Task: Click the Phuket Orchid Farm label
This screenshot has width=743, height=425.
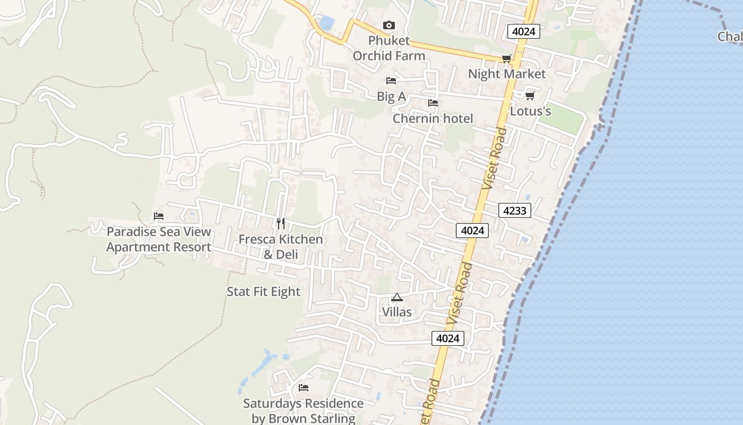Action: coord(389,48)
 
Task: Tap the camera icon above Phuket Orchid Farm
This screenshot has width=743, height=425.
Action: coord(389,25)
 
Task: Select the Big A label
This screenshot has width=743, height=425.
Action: coord(391,97)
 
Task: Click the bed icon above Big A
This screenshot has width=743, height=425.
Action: coord(391,81)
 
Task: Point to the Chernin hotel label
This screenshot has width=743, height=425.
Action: coord(433,118)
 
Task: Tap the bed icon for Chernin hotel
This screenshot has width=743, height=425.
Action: coord(433,103)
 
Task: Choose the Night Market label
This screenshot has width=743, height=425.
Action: coord(507,74)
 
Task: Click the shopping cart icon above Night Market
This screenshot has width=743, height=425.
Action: coord(507,58)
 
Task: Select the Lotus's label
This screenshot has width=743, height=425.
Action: coord(530,112)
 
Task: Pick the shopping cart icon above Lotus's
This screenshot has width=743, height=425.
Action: coord(530,96)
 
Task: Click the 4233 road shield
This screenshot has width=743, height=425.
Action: coord(515,211)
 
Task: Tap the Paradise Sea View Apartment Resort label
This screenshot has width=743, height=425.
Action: coord(159,240)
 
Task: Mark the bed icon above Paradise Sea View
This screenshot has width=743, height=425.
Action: coord(159,216)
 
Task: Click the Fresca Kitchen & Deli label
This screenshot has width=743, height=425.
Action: coord(280,247)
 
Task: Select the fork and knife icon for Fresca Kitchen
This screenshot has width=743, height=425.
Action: coord(281,224)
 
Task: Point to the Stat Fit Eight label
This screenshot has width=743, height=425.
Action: coord(264,292)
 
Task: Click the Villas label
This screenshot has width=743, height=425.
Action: coord(397,312)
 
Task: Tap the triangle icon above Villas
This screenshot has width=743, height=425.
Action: coord(397,297)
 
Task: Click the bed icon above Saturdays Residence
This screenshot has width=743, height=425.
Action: coord(304,388)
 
